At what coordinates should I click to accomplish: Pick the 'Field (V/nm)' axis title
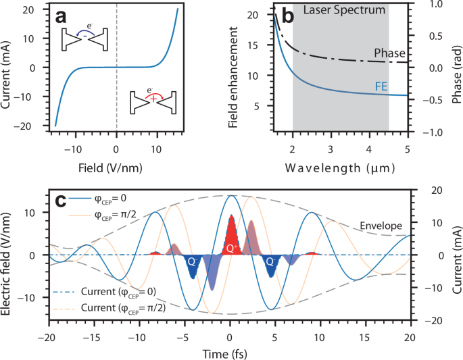pyautogui.click(x=116, y=165)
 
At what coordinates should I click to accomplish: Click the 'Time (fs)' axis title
pyautogui.click(x=230, y=353)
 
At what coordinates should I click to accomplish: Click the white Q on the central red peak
pyautogui.click(x=230, y=249)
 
